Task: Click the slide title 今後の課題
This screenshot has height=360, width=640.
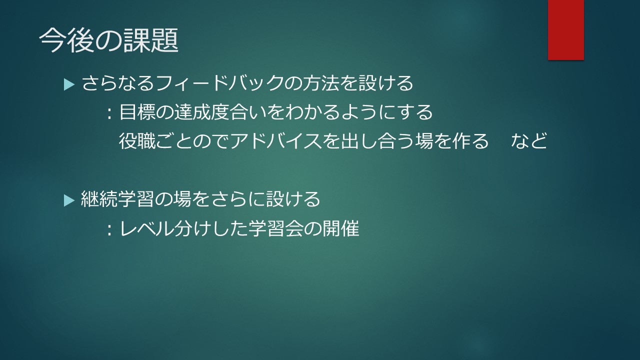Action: pos(108,40)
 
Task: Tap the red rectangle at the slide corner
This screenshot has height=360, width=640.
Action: pos(565,30)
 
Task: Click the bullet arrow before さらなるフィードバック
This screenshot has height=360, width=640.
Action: pos(69,85)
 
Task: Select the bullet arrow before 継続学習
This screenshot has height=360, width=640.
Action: pos(69,200)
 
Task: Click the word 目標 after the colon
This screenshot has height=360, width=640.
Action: pos(137,112)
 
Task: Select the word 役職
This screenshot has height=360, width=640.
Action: pos(137,141)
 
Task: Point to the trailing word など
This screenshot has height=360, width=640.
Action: pos(529,141)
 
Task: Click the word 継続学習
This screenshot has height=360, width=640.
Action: pos(117,199)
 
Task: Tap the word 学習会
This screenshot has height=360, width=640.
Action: pos(275,228)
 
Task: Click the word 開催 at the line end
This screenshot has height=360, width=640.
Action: pos(341,228)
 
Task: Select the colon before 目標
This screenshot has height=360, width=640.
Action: pos(109,113)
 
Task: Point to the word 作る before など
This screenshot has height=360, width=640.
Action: pos(470,141)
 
